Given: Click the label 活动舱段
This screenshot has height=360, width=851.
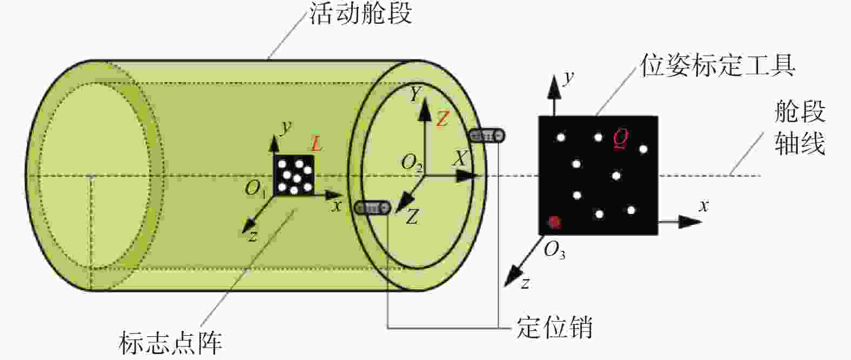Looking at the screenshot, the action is point(360,14).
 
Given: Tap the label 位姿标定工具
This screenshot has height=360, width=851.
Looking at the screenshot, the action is point(718,65).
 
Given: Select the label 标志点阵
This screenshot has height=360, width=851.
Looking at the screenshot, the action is point(170,343).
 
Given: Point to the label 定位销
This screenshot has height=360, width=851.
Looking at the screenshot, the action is point(555,326).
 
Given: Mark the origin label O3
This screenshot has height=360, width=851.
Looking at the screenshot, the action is point(554,250).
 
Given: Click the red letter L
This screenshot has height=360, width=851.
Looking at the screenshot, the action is point(316,144).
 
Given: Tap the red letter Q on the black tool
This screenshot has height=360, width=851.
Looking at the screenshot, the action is point(621,139).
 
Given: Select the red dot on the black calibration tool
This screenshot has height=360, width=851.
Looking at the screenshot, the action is point(554,222).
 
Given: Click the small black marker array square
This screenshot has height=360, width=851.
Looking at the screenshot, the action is point(294,175).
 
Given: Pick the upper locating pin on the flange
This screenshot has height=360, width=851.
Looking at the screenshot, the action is point(487,136).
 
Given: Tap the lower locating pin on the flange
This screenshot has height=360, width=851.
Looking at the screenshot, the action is point(372,208).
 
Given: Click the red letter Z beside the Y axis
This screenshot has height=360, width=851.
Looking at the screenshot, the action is point(443,119).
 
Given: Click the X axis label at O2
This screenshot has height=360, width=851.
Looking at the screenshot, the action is point(460,158).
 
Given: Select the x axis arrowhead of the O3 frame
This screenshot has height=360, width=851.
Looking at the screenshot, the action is point(689,222).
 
